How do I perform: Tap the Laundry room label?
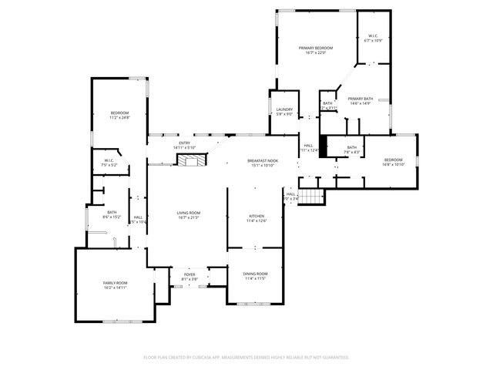(x=283, y=110)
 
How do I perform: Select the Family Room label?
(x=115, y=283)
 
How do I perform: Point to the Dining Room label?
(x=256, y=274)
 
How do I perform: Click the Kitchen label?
(x=256, y=216)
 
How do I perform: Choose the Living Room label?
(x=189, y=213)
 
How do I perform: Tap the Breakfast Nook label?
(x=262, y=160)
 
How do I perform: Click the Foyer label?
(x=189, y=274)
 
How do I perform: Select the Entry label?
(x=184, y=143)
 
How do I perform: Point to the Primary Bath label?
(x=360, y=99)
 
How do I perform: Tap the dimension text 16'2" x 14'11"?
(x=115, y=288)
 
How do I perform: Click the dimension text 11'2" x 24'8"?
(x=119, y=118)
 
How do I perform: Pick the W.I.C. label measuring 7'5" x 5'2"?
(x=109, y=160)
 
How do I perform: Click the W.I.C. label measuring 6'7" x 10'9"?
(x=371, y=35)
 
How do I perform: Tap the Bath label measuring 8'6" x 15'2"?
(x=112, y=213)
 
